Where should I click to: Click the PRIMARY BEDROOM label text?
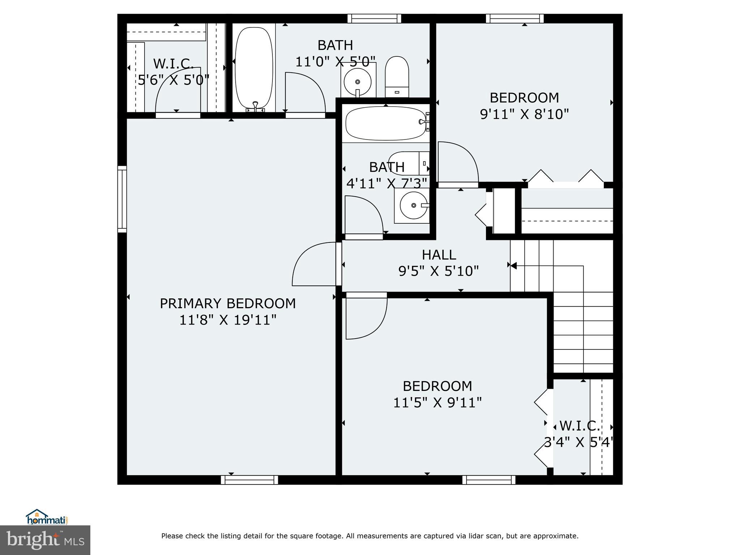click(x=228, y=304)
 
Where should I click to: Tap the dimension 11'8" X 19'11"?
click(x=228, y=320)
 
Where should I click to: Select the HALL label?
click(x=439, y=255)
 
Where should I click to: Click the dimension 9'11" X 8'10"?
click(x=524, y=115)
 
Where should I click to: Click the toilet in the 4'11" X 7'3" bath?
click(x=406, y=163)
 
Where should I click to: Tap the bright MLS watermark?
click(x=45, y=540)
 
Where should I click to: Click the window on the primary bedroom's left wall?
click(x=122, y=199)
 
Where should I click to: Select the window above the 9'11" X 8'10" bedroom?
click(x=515, y=18)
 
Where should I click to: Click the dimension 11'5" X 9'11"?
click(x=437, y=403)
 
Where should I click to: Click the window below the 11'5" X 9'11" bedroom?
click(x=489, y=480)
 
